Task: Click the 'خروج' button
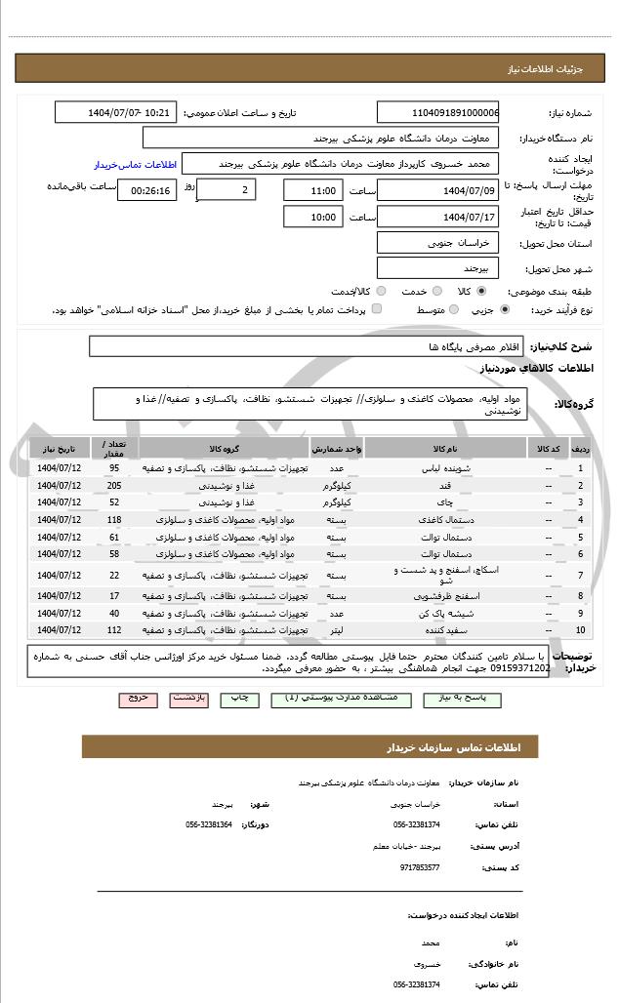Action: click(138, 700)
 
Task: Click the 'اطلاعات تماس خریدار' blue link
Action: click(134, 165)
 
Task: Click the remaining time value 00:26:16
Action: click(147, 190)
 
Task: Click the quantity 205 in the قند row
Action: click(114, 486)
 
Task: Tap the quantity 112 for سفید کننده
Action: click(114, 631)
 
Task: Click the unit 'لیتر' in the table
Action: click(336, 631)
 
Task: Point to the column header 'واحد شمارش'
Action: click(337, 449)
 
